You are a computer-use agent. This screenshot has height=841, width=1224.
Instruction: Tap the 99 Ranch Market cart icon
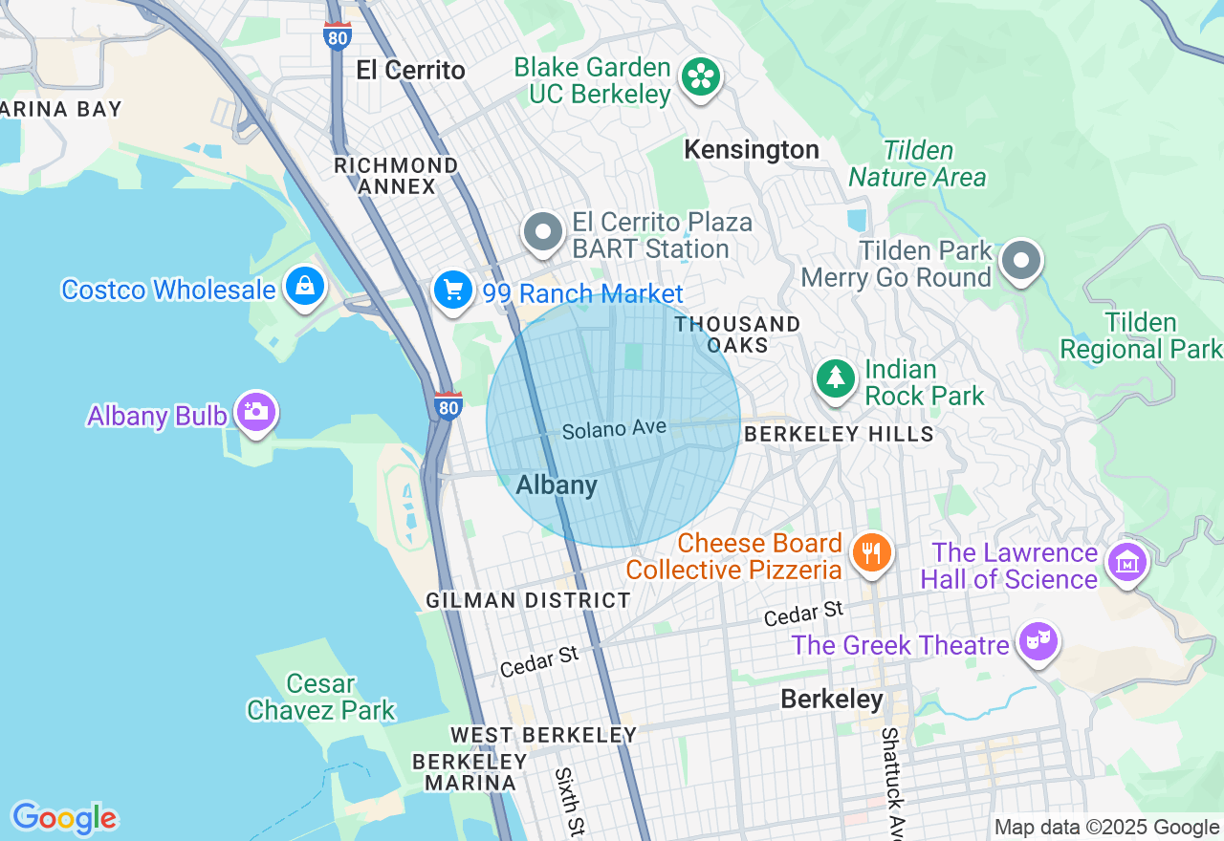coord(452,290)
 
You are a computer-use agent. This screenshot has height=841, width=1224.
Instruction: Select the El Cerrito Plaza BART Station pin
coord(543,232)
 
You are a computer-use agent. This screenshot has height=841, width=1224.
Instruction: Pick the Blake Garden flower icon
coord(701,76)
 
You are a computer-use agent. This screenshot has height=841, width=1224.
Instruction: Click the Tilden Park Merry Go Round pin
coord(1021,260)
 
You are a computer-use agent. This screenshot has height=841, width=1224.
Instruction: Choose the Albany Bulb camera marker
coord(255,412)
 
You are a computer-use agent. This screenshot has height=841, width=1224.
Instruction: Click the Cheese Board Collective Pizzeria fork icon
coord(871,552)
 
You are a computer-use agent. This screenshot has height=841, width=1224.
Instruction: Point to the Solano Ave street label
coord(613,430)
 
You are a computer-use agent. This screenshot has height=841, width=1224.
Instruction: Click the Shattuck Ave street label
coord(891,780)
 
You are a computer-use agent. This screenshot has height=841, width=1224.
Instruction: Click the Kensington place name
coord(752,150)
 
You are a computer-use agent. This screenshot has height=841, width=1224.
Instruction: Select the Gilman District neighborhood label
coord(528,600)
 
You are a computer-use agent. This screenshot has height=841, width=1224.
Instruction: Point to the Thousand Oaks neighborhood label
coord(737,334)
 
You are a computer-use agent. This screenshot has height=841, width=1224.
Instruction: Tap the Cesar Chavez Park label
coord(321,698)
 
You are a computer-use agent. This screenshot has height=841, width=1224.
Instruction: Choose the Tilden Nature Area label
coord(917,164)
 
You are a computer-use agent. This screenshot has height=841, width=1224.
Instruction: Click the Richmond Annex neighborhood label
coord(396,176)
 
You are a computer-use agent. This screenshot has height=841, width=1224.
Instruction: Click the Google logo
coord(64,818)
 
